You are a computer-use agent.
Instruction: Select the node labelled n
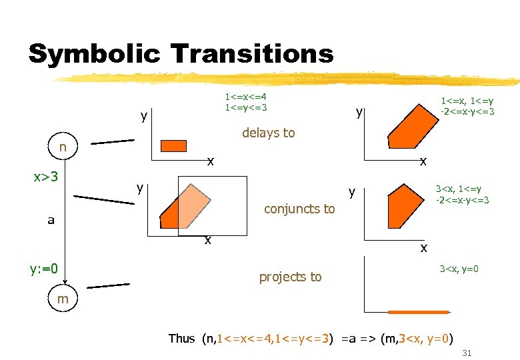pyautogui.click(x=62, y=147)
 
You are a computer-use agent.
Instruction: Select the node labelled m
pyautogui.click(x=63, y=299)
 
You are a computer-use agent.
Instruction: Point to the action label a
pyautogui.click(x=51, y=220)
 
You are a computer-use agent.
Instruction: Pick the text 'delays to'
pyautogui.click(x=268, y=133)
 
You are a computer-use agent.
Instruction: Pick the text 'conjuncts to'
pyautogui.click(x=299, y=209)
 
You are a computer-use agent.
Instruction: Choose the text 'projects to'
pyautogui.click(x=290, y=277)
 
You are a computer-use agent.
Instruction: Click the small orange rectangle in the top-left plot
pyautogui.click(x=176, y=146)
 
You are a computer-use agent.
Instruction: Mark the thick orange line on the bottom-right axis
pyautogui.click(x=419, y=311)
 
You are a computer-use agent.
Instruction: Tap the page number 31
pyautogui.click(x=467, y=353)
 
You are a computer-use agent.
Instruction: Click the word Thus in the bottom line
pyautogui.click(x=181, y=338)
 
